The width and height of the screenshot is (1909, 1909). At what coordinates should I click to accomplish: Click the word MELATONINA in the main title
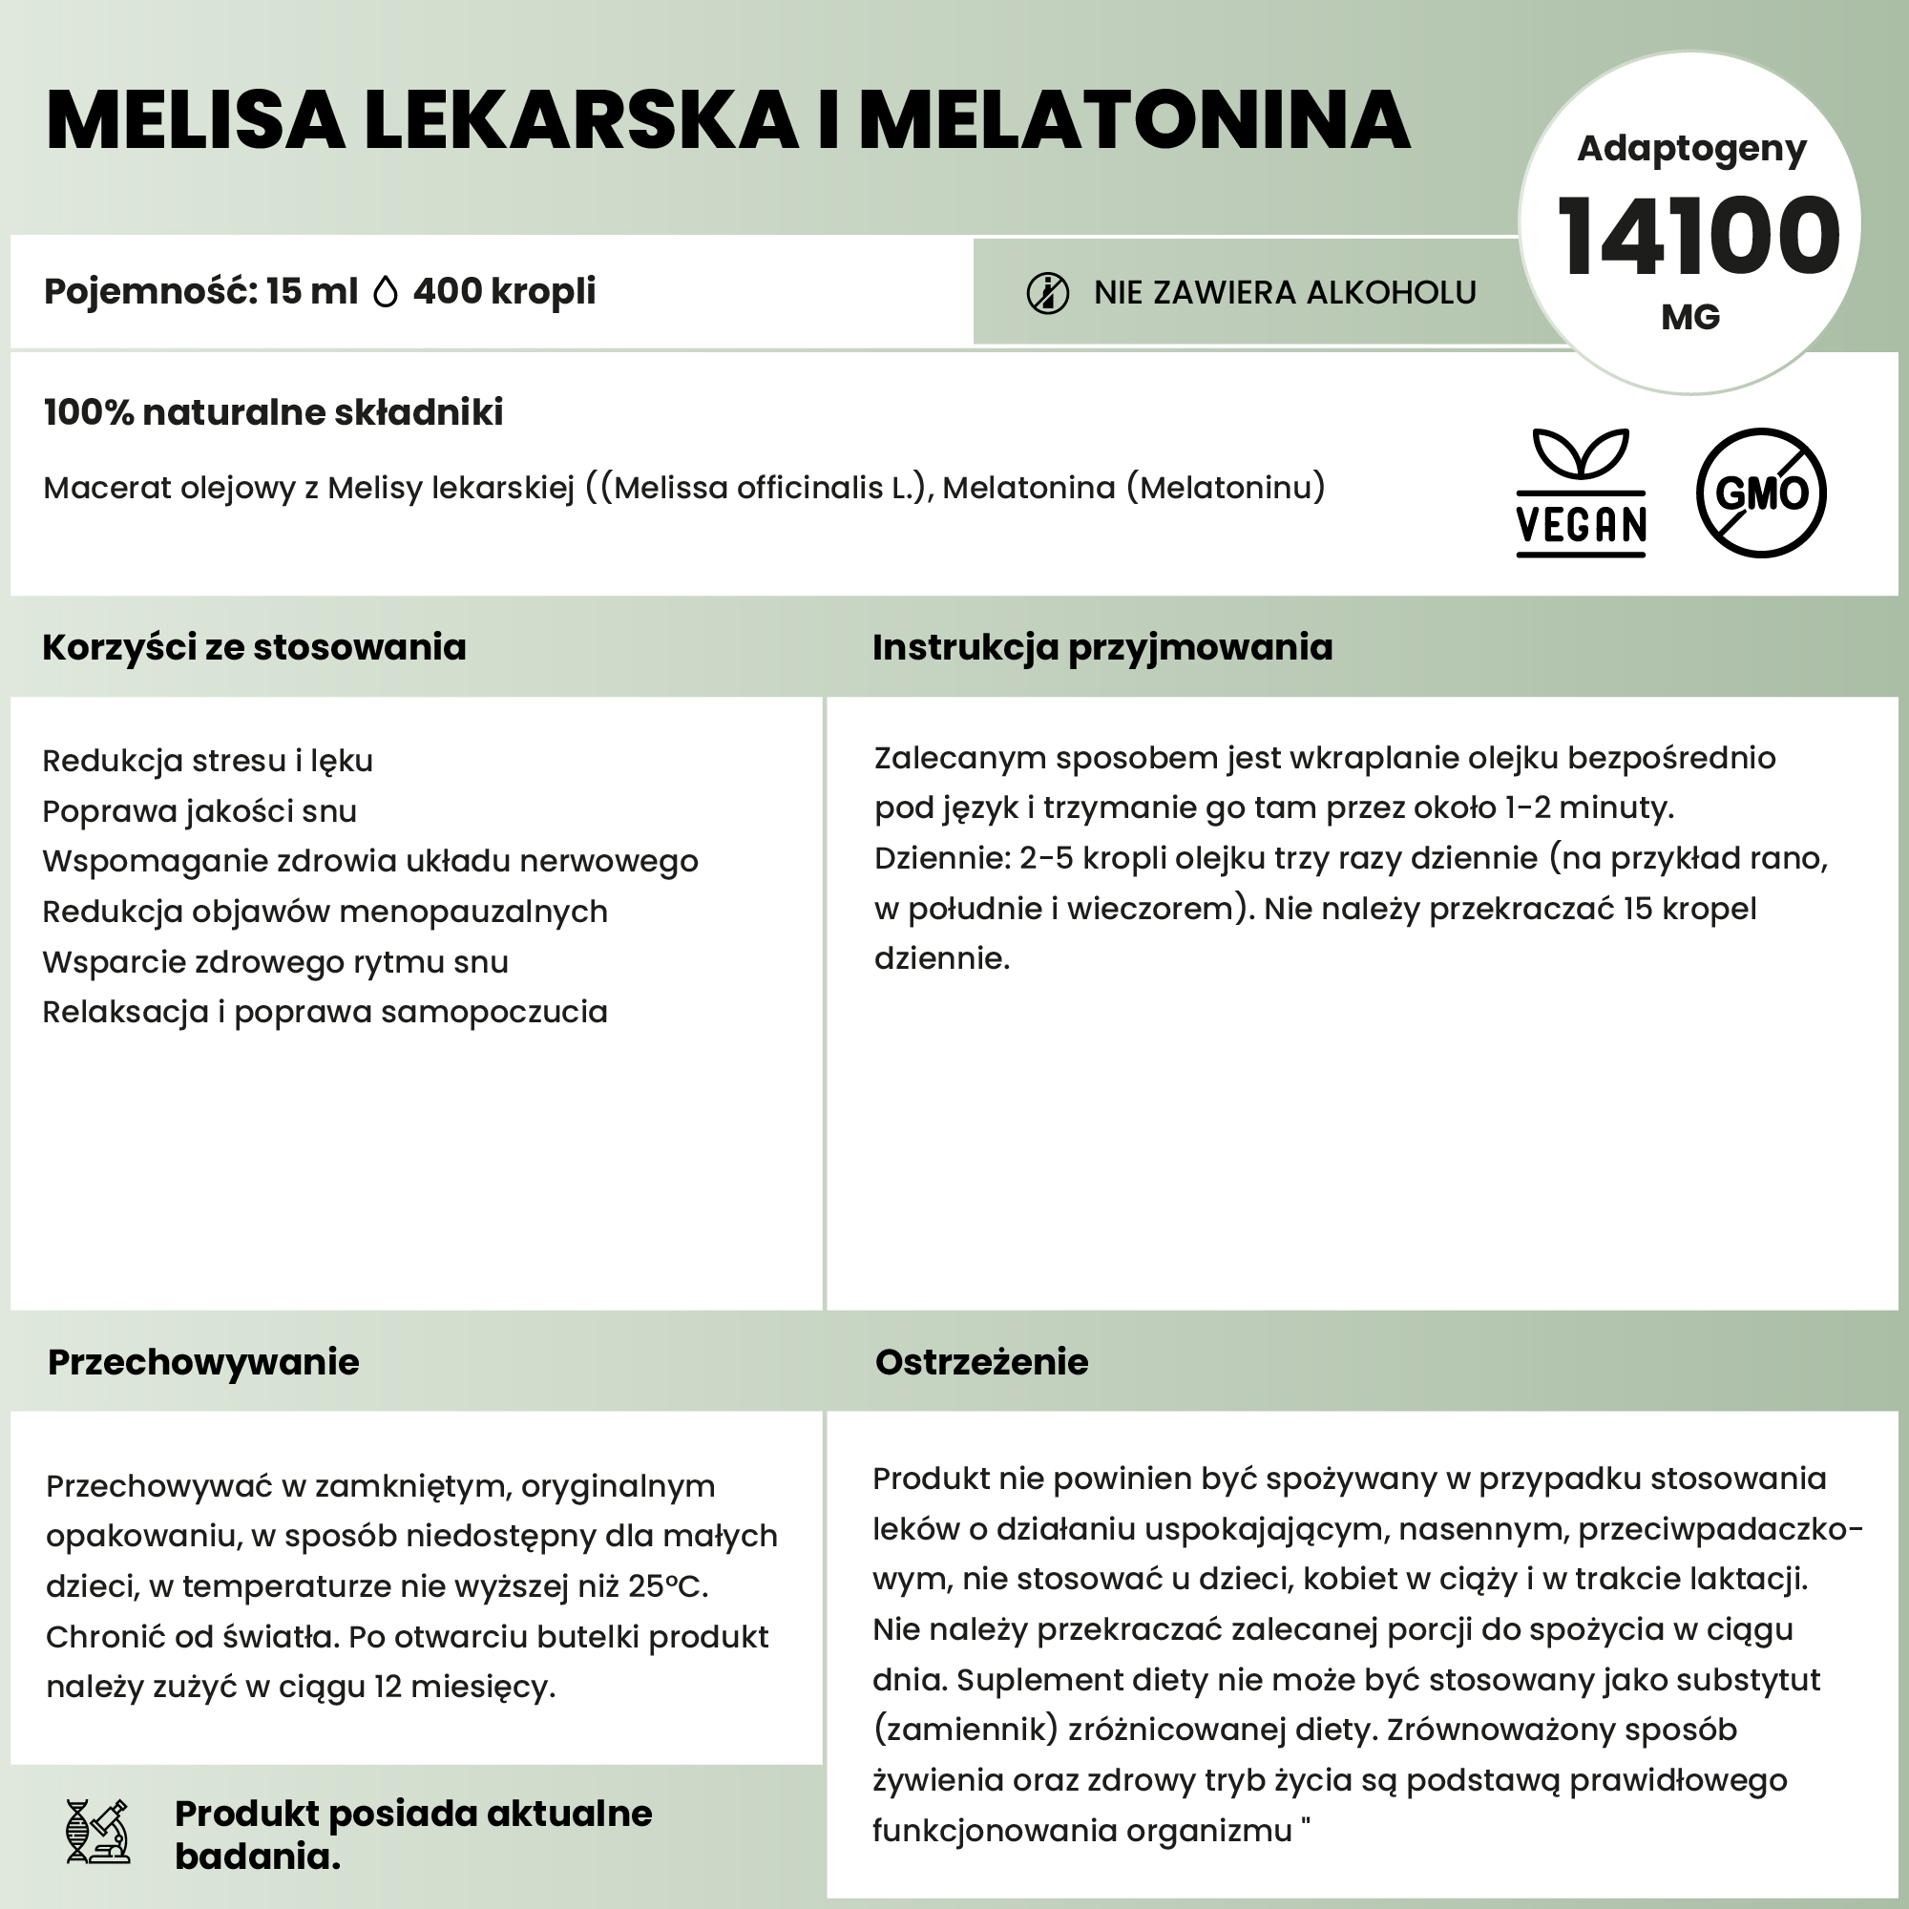[x=1134, y=120]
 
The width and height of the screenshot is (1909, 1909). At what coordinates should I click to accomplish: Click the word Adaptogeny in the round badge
[x=1690, y=148]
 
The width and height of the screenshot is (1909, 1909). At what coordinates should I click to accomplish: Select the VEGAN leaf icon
[x=1581, y=493]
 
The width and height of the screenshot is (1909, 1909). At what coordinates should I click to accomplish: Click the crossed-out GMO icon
[x=1761, y=493]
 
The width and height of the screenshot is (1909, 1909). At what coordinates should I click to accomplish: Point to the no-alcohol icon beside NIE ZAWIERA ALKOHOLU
[x=1047, y=293]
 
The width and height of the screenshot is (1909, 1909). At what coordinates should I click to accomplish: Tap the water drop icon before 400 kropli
[x=386, y=292]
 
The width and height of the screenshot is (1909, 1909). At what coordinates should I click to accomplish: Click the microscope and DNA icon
[x=96, y=1831]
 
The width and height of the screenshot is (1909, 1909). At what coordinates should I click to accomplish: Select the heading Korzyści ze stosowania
[x=254, y=647]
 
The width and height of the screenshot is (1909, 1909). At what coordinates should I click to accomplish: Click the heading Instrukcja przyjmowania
[x=1101, y=647]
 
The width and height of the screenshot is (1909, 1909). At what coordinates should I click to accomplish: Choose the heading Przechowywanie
[x=203, y=1362]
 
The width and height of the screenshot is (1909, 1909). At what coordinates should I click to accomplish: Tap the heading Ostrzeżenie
[x=981, y=1362]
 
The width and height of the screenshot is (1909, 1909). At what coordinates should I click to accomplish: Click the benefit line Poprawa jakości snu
[x=199, y=811]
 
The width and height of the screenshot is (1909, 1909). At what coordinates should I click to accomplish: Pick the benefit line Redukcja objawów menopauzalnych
[x=325, y=911]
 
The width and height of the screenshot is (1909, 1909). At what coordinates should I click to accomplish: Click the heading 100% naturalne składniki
[x=274, y=412]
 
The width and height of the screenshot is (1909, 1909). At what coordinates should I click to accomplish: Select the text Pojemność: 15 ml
[x=200, y=291]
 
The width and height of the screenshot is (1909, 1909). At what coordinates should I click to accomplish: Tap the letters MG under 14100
[x=1690, y=317]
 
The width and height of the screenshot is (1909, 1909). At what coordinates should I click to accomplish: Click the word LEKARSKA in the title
[x=581, y=120]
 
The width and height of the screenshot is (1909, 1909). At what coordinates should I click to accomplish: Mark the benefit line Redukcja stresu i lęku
[x=207, y=761]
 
